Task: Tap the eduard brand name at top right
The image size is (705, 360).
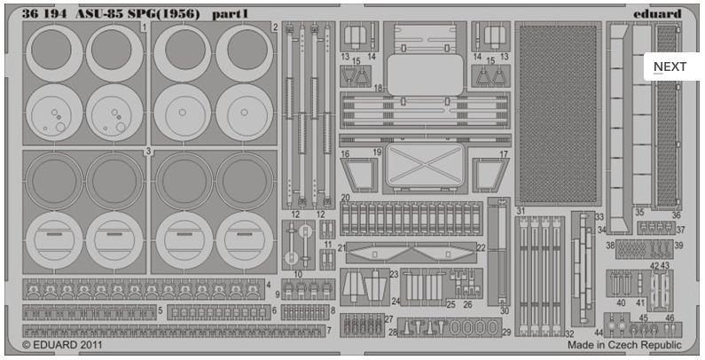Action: click(657, 14)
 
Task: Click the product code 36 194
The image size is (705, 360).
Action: click(44, 14)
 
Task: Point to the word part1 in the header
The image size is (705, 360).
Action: click(230, 14)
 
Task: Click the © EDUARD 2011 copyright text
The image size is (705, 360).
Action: click(62, 345)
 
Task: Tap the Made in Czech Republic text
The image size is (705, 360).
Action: click(624, 345)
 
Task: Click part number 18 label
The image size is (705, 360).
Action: click(378, 88)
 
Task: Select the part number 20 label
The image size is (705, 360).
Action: click(345, 198)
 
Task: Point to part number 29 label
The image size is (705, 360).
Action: click(506, 333)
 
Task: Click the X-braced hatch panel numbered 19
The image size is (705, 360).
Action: click(425, 166)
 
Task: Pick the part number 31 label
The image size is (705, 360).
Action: click(521, 211)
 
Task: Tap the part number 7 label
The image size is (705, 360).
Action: click(329, 331)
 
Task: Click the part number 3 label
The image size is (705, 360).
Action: click(148, 152)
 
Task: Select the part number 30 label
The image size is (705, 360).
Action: click(504, 311)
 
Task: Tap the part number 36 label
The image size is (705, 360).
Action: click(677, 215)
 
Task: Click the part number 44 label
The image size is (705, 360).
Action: click(599, 333)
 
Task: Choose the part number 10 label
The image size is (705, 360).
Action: click(298, 274)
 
